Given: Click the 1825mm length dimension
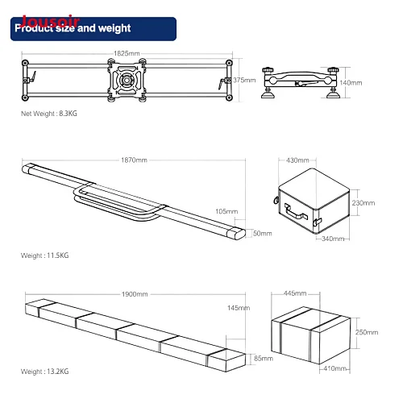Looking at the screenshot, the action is [x=127, y=53].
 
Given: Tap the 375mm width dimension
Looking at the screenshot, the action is [x=244, y=80].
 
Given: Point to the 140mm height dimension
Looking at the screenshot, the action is [x=351, y=83].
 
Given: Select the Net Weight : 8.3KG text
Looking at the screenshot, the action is [x=49, y=114].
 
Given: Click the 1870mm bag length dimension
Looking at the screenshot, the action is [x=134, y=160].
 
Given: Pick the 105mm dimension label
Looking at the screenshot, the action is [x=226, y=211].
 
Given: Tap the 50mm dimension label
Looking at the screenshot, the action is [x=263, y=233].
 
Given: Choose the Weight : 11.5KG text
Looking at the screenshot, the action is [x=44, y=256].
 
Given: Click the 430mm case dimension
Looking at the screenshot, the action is [x=297, y=160].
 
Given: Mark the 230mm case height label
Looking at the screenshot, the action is [x=364, y=203].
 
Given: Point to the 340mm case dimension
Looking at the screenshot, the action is [x=333, y=239].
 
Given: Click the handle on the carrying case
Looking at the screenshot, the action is [x=296, y=211].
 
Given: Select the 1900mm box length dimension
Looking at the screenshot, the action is [x=135, y=294].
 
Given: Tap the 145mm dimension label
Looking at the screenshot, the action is [x=239, y=308].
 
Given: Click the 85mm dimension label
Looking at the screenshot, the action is [x=264, y=358].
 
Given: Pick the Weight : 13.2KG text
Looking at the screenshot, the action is [x=44, y=372].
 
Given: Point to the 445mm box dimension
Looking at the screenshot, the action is [x=295, y=293].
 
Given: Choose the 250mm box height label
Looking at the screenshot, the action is [x=367, y=332].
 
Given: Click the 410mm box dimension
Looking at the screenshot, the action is [x=334, y=368].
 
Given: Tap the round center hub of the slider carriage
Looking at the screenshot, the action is [x=126, y=80].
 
